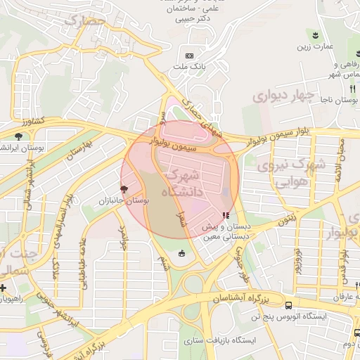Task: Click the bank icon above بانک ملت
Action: click(x=188, y=56)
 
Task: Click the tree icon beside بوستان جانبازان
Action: click(x=125, y=188)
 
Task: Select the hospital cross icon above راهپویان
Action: click(x=3, y=288)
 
